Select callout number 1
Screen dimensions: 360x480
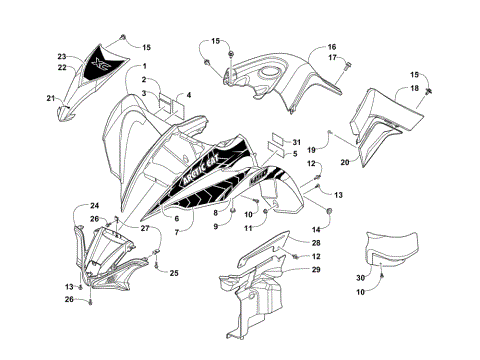pos(144,65)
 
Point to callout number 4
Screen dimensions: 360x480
pos(187,94)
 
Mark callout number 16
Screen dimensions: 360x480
pos(332,46)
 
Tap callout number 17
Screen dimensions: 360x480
pos(332,58)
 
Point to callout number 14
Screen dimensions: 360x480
pos(315,231)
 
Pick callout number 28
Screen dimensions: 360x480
pos(315,243)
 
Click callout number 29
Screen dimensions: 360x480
pos(315,270)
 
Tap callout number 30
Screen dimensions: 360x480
pos(362,277)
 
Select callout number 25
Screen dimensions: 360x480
pos(173,273)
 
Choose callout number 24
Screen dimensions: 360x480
pos(80,205)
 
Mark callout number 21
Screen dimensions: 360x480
pos(50,97)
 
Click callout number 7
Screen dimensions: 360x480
pos(175,231)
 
